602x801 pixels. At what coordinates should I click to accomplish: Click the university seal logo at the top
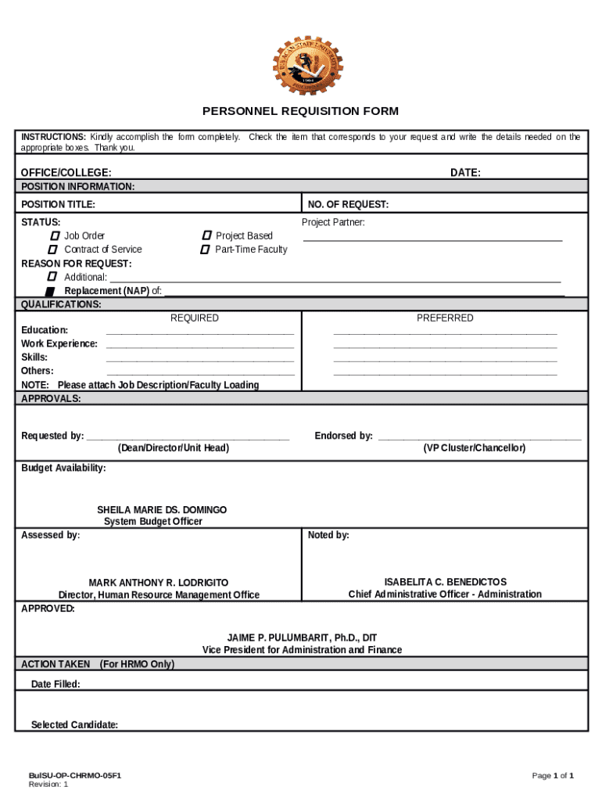[300, 65]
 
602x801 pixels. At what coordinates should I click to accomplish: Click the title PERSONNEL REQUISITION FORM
[300, 111]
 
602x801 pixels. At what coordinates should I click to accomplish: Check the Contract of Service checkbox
[54, 250]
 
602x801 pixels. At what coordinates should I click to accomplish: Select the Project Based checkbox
[206, 235]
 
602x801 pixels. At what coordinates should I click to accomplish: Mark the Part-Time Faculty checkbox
[205, 250]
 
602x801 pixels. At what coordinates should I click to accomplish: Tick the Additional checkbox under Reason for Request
[52, 277]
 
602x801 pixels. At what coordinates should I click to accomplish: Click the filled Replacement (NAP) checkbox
[50, 292]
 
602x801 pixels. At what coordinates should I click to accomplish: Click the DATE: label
[465, 173]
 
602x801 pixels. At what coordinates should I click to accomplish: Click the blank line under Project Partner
[432, 239]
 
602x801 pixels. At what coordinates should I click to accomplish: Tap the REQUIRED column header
[195, 318]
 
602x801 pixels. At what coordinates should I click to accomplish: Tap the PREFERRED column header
[445, 318]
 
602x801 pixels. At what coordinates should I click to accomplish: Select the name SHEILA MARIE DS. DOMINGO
[162, 510]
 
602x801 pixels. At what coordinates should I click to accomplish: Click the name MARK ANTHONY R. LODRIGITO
[159, 583]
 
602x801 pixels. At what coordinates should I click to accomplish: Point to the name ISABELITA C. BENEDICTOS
[445, 582]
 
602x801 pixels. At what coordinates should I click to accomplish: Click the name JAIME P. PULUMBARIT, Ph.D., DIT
[302, 638]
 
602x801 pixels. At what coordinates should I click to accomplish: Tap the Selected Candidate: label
[74, 725]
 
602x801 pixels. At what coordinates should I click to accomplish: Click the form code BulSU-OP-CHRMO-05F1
[75, 776]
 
